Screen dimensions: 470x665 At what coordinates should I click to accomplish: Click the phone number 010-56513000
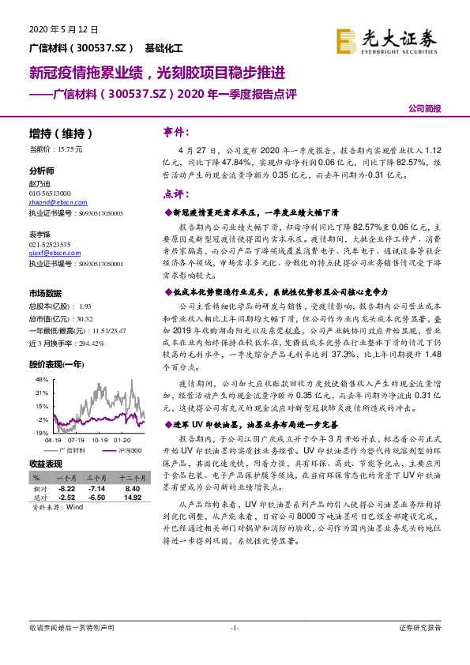pos(49,193)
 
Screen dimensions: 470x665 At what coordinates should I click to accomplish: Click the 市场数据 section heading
pos(47,293)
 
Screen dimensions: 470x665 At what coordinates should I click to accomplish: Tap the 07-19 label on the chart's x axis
pos(77,441)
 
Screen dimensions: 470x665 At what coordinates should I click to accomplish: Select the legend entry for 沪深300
pos(125,449)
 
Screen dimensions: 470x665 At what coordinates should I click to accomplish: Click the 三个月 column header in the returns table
pos(97,479)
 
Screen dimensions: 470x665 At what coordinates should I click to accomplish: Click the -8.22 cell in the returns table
pos(64,489)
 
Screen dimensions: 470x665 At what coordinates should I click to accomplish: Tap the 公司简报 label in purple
pos(424,108)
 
